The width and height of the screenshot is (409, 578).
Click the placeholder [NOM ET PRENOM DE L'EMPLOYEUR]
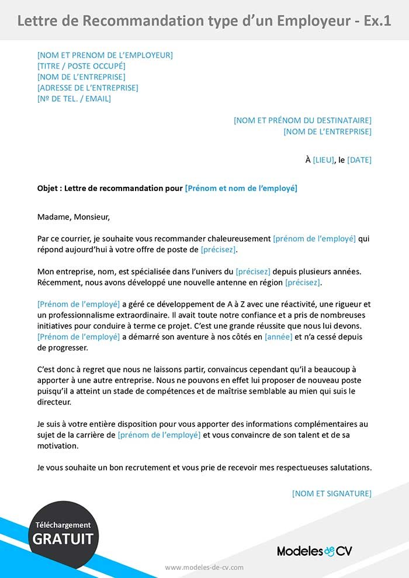[105, 55]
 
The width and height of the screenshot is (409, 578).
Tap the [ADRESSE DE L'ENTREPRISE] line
[88, 88]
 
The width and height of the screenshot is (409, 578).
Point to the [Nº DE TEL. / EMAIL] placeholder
[74, 99]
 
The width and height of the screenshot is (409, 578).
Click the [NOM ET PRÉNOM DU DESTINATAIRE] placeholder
[302, 120]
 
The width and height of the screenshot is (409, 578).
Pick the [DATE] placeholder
[359, 160]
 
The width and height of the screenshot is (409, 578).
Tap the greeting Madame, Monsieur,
[73, 217]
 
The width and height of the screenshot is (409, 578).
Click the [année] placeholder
[278, 337]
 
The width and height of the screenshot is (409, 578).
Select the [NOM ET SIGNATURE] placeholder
[331, 493]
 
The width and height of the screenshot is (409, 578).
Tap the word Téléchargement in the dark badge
[63, 525]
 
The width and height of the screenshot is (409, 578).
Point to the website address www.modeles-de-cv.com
[204, 567]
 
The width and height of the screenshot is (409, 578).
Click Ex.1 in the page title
[377, 21]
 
